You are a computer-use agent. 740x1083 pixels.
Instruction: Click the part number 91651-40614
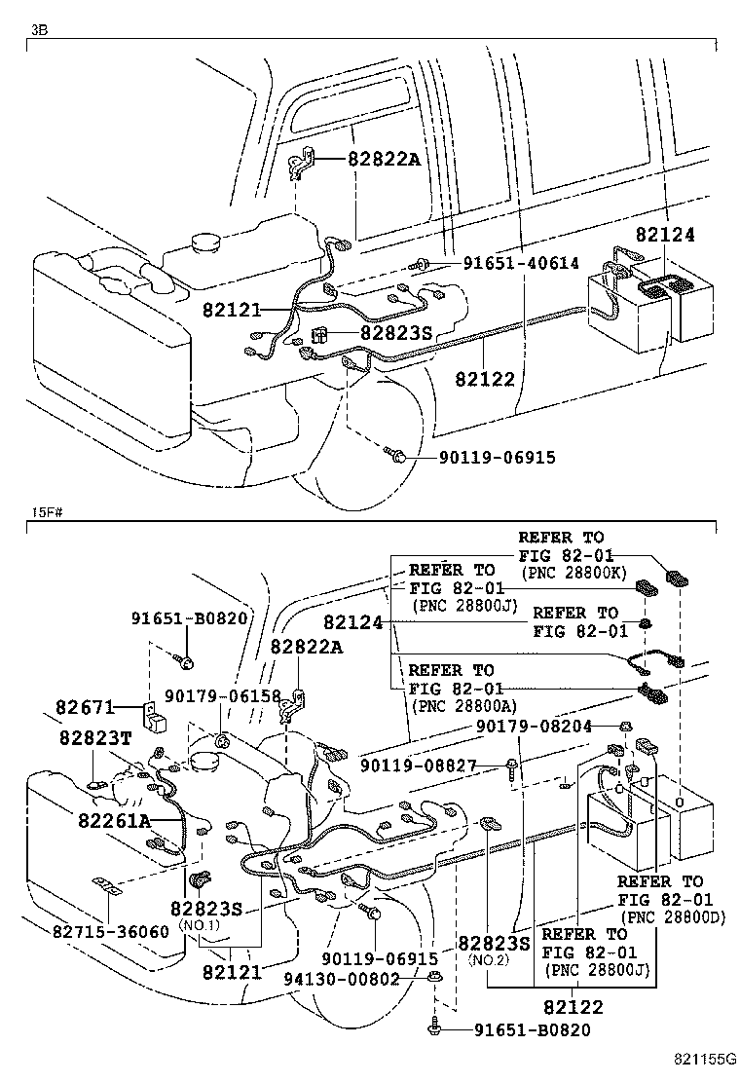[x=520, y=263]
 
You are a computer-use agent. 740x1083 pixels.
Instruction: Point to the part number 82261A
[x=115, y=820]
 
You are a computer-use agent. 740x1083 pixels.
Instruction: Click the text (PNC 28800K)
[x=573, y=573]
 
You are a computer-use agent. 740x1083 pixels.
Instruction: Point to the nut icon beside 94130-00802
[x=435, y=978]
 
